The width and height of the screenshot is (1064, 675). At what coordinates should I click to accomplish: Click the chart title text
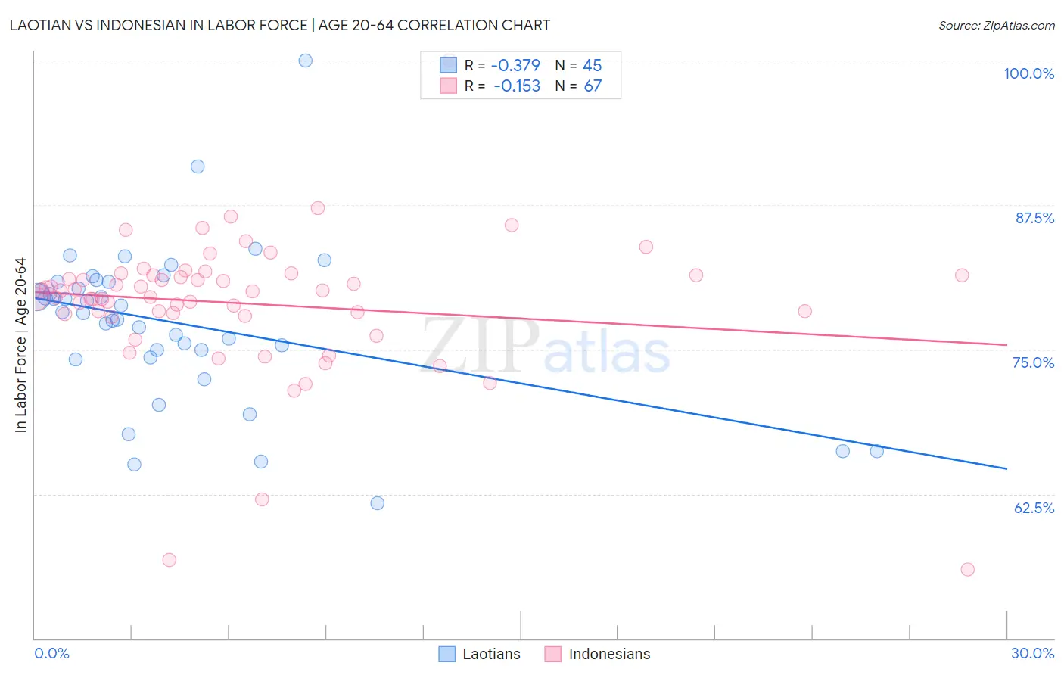[280, 25]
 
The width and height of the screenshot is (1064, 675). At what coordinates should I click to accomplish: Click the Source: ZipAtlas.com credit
[996, 25]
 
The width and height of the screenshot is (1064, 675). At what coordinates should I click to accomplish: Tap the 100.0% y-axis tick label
[1028, 73]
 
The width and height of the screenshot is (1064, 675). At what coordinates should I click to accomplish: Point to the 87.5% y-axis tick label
[1034, 218]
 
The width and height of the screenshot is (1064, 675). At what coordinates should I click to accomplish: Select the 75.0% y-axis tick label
[1033, 362]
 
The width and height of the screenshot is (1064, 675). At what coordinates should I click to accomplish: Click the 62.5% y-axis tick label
[1034, 508]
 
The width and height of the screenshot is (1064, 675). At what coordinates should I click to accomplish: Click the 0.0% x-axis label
[51, 653]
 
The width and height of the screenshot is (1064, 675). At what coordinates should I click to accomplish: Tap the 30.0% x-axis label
[1032, 653]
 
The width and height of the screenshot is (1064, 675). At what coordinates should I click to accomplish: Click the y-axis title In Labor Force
[21, 345]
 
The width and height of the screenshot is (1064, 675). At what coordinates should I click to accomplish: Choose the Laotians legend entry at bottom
[480, 654]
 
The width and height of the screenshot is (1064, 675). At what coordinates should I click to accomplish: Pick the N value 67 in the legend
[593, 86]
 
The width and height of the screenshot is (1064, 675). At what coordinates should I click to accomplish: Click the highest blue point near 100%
[306, 61]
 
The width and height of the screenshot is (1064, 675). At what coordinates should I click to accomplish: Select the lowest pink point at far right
[967, 569]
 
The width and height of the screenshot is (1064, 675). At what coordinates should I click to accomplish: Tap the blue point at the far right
[876, 451]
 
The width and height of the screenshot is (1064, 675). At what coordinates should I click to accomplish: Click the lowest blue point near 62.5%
[377, 503]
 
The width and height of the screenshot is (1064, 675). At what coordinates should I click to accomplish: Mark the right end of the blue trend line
[1006, 468]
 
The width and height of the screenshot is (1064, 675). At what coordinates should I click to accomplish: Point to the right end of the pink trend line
[1006, 345]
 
